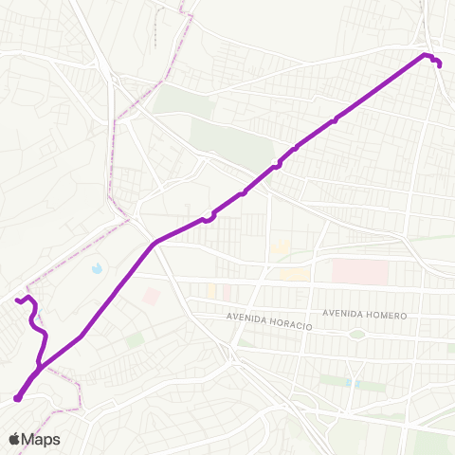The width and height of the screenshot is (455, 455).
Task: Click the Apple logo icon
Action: pos(14,439)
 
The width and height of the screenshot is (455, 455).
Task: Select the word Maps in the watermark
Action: pos(41,439)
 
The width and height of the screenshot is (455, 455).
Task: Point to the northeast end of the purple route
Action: pos(439,64)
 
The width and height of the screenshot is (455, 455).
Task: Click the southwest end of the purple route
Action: pos(17,398)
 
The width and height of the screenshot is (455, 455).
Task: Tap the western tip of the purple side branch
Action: pos(17,300)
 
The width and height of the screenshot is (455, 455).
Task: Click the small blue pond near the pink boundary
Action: pos(98,269)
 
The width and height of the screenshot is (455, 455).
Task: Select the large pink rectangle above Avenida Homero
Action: pos(360,273)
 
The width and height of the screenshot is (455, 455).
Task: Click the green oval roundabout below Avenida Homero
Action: pos(356,334)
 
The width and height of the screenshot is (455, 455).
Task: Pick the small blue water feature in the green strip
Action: pos(354,382)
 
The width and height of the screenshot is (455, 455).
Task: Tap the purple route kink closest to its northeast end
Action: pos(337,120)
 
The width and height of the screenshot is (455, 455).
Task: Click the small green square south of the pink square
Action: pos(135,338)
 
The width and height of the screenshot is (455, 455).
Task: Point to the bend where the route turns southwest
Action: pos(155,243)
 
